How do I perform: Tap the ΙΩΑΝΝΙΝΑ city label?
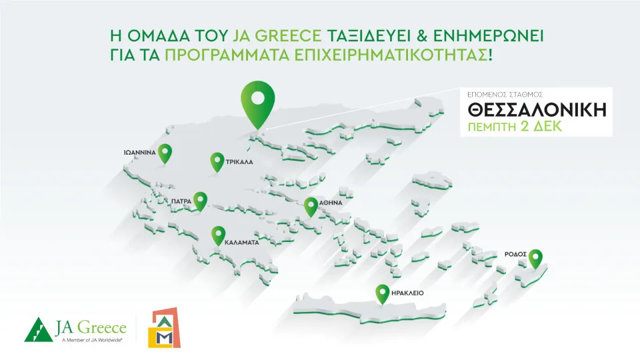click(x=140, y=153)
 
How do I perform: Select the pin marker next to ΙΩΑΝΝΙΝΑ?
click(x=165, y=152)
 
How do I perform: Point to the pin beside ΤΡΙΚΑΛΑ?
click(x=216, y=161)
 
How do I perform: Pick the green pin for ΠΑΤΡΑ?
click(x=200, y=200)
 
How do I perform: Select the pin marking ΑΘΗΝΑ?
click(x=311, y=205)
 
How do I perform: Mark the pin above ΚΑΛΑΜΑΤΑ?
click(x=217, y=235)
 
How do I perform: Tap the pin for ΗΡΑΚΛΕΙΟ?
click(x=382, y=293)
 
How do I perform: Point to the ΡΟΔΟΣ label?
click(x=517, y=254)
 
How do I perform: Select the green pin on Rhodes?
click(x=535, y=257)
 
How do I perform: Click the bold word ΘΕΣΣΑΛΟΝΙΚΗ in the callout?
click(x=537, y=110)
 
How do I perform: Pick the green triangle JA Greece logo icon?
click(x=39, y=329)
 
